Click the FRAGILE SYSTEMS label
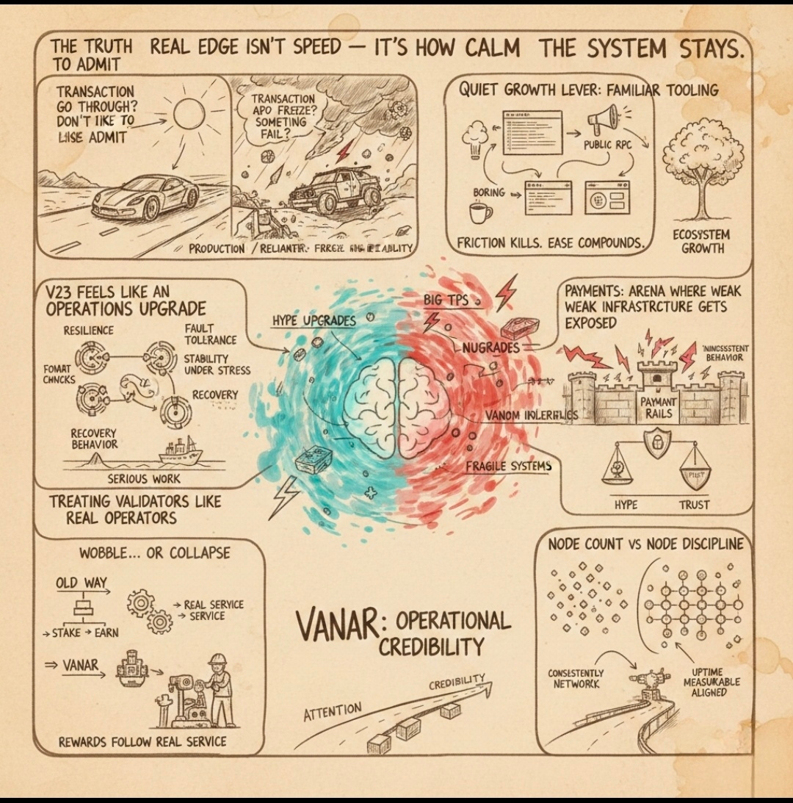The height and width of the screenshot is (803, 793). click(x=509, y=465)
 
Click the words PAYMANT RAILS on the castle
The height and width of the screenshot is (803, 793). click(x=659, y=408)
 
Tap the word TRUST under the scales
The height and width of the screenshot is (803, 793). click(x=694, y=505)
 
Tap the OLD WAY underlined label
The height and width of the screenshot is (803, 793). click(x=82, y=583)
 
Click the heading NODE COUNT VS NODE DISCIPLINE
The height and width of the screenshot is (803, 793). click(x=645, y=544)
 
